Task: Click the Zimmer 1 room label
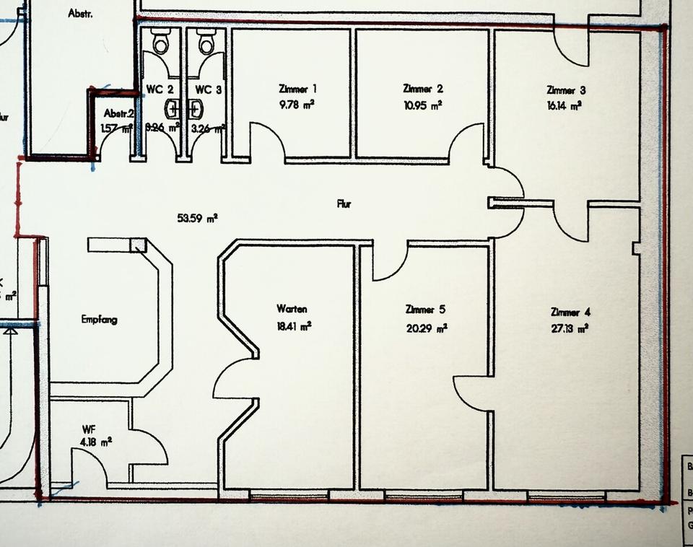coord(297,89)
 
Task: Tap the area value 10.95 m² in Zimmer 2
coord(422,105)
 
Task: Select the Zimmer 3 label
coord(566,90)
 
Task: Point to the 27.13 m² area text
coord(569,328)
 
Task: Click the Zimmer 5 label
coord(425,310)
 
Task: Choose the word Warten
coord(292,309)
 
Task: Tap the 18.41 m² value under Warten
coord(294,326)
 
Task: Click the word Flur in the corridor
coord(344,204)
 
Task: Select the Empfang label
coord(100,319)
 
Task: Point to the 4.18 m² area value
coord(96,442)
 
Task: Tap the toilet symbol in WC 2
coord(160,43)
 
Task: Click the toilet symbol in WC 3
coord(206,43)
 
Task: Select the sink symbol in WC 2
coord(172,109)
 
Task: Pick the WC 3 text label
coord(208,89)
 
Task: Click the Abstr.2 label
coord(118,113)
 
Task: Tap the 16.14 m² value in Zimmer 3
coord(565,105)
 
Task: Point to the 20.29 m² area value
coord(426,328)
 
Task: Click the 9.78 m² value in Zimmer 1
coord(297,104)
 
